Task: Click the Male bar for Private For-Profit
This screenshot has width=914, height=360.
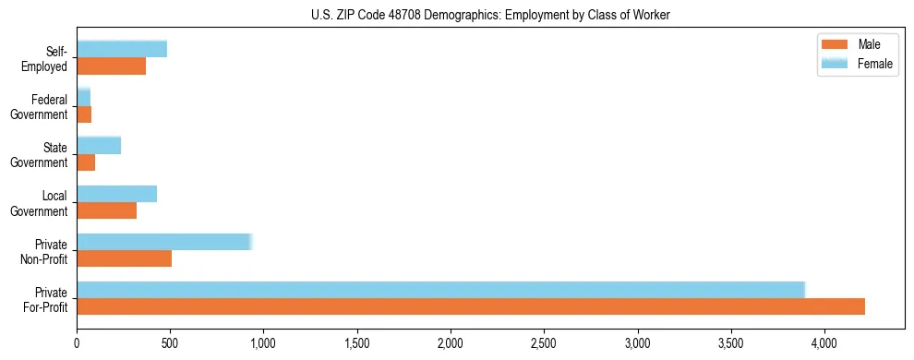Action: (471, 306)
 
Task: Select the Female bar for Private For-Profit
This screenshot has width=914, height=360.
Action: (441, 290)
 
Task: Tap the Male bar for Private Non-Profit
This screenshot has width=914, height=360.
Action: (125, 258)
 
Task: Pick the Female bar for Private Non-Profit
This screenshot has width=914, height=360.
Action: (164, 242)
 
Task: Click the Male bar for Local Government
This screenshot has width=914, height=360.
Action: (107, 210)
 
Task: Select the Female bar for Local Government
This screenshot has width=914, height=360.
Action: (117, 194)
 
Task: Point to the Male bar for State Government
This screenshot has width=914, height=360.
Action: (86, 162)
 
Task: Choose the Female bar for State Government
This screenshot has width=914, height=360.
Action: (99, 146)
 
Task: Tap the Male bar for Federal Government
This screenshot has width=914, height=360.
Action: (84, 114)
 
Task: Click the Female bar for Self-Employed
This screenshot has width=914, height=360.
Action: (122, 49)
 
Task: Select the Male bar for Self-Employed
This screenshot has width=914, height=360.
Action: (112, 66)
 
